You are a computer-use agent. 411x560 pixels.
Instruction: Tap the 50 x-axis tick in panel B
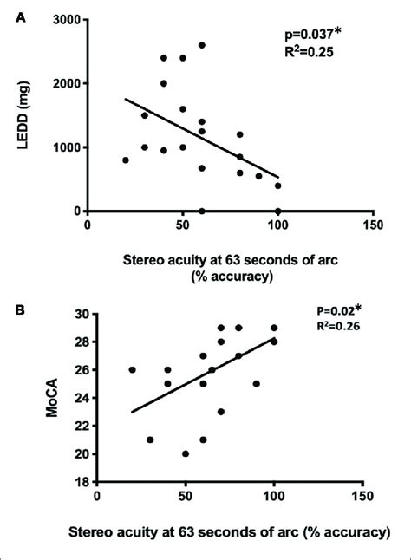point(185,495)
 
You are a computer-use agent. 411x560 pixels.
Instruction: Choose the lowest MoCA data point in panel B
point(185,453)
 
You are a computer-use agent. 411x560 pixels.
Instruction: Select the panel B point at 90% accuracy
point(256,383)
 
